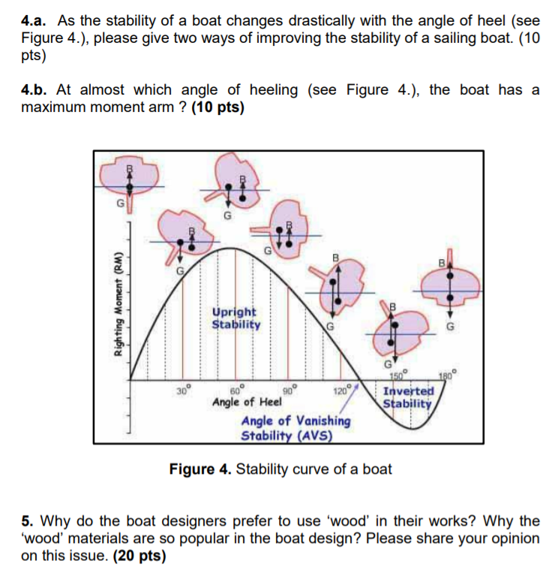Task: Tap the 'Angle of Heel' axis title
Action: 242,403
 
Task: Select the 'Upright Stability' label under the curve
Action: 234,318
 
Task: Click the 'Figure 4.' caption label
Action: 201,470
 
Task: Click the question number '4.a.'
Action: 34,21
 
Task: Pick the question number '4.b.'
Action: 34,91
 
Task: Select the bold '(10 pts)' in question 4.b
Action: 218,107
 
